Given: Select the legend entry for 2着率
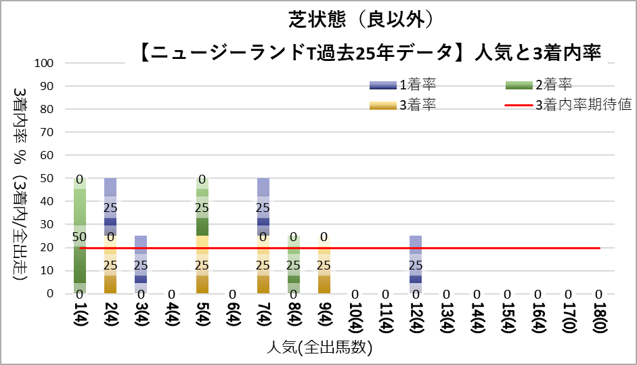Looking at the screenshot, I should click(539, 85).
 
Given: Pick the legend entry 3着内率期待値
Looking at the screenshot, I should click(568, 105).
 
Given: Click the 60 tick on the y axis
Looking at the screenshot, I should click(56, 156).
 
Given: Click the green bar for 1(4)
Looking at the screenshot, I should click(80, 236).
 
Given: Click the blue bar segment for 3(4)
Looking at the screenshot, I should click(141, 265).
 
